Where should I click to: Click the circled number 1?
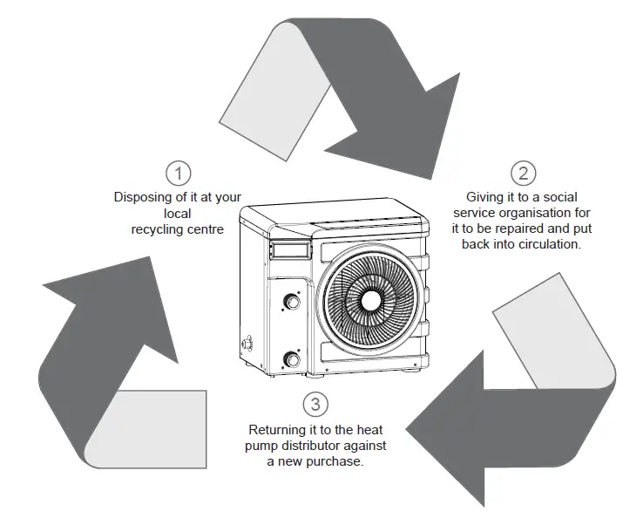[x=178, y=172]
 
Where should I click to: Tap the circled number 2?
[x=523, y=173]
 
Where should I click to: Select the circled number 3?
[x=315, y=405]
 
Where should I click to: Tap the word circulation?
[x=552, y=244]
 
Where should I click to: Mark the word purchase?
[x=335, y=461]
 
